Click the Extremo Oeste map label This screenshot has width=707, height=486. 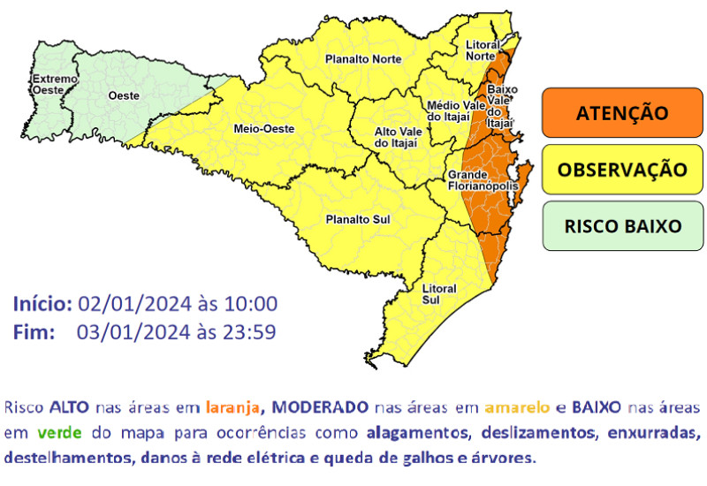(55, 85)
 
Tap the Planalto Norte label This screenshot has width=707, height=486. (363, 59)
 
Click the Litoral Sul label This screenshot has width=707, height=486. (438, 294)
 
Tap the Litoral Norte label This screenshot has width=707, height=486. (481, 50)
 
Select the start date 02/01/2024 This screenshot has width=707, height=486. (133, 304)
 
